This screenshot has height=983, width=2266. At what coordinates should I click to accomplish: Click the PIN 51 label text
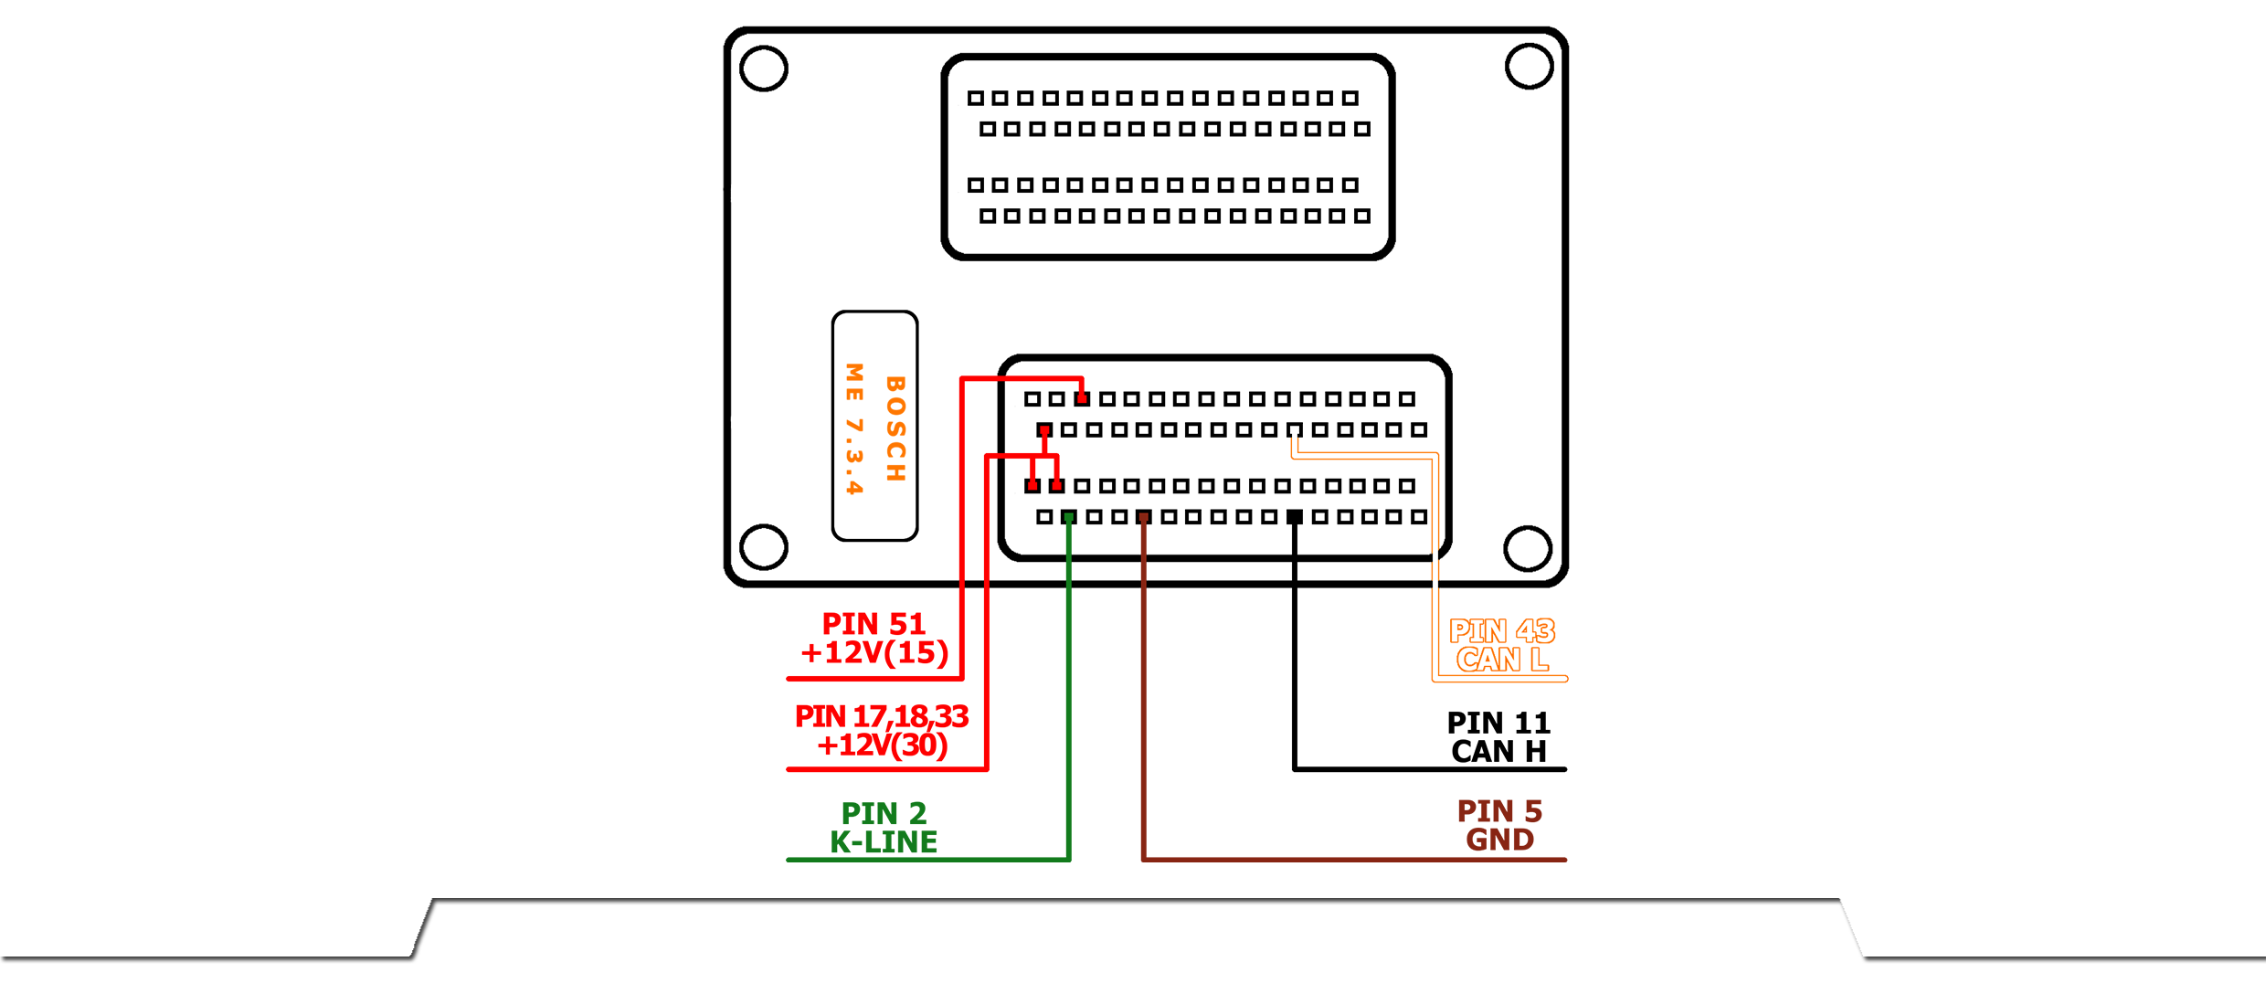[x=874, y=624]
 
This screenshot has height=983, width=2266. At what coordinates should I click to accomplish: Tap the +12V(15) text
[x=874, y=653]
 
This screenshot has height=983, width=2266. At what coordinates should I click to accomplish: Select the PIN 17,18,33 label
[x=882, y=716]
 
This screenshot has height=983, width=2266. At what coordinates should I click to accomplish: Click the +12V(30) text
[x=883, y=745]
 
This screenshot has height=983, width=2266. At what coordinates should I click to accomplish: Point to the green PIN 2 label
[x=884, y=813]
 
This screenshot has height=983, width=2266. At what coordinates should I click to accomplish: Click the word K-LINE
[x=884, y=841]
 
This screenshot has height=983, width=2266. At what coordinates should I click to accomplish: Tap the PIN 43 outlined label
[x=1502, y=631]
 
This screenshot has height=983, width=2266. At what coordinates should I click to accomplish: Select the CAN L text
[x=1502, y=660]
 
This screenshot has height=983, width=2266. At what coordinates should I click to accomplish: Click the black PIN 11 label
[x=1498, y=724]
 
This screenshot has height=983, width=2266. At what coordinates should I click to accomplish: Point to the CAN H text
[x=1498, y=752]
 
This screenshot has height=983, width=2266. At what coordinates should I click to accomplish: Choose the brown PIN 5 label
[x=1499, y=811]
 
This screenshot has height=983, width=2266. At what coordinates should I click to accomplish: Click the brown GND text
[x=1499, y=840]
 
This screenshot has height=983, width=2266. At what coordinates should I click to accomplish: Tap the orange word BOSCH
[x=895, y=428]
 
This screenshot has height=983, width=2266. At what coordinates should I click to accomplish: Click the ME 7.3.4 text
[x=854, y=428]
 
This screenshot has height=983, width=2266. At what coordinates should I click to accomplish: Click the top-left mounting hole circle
[x=764, y=69]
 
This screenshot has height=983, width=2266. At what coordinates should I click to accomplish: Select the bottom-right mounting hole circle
[x=1528, y=548]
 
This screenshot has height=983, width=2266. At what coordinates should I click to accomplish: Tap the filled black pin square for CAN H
[x=1295, y=517]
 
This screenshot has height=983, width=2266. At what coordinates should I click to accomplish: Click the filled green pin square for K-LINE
[x=1069, y=517]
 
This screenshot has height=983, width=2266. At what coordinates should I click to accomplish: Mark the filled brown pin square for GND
[x=1144, y=517]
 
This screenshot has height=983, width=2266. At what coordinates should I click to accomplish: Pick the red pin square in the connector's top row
[x=1082, y=399]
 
